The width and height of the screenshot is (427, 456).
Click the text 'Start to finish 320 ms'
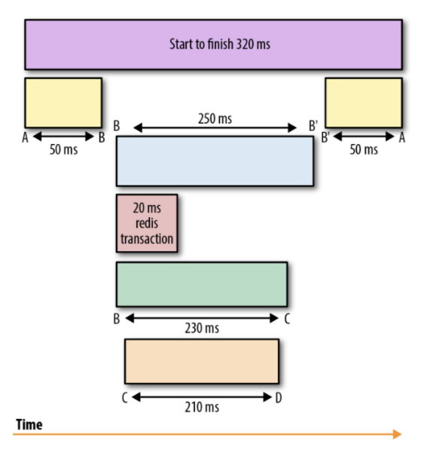click(x=220, y=44)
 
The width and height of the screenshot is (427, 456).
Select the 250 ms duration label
click(x=215, y=118)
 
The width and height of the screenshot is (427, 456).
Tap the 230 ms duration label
click(x=202, y=329)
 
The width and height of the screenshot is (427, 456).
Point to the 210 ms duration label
click(x=202, y=407)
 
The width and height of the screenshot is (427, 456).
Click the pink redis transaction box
click(x=147, y=223)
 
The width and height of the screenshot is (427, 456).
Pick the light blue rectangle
click(x=215, y=161)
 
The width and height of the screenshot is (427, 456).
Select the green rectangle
click(x=202, y=284)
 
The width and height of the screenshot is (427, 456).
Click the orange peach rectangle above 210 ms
click(x=202, y=361)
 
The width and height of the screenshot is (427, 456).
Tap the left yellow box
click(x=63, y=103)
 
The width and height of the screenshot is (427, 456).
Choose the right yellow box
click(x=364, y=103)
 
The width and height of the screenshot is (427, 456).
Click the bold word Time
click(x=29, y=424)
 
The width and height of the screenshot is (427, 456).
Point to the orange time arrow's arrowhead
click(x=398, y=434)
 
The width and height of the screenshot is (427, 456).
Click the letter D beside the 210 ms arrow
click(x=279, y=398)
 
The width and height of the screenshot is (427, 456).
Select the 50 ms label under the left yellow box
click(x=63, y=150)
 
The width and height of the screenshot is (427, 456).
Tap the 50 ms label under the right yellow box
click(x=364, y=150)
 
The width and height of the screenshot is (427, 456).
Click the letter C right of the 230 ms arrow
click(x=287, y=319)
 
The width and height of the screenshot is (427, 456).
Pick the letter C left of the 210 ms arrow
click(x=124, y=398)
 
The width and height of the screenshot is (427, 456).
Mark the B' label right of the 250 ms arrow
click(x=313, y=126)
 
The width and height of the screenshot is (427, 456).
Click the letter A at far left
click(x=26, y=138)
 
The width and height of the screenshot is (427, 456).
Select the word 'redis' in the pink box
click(x=147, y=223)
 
